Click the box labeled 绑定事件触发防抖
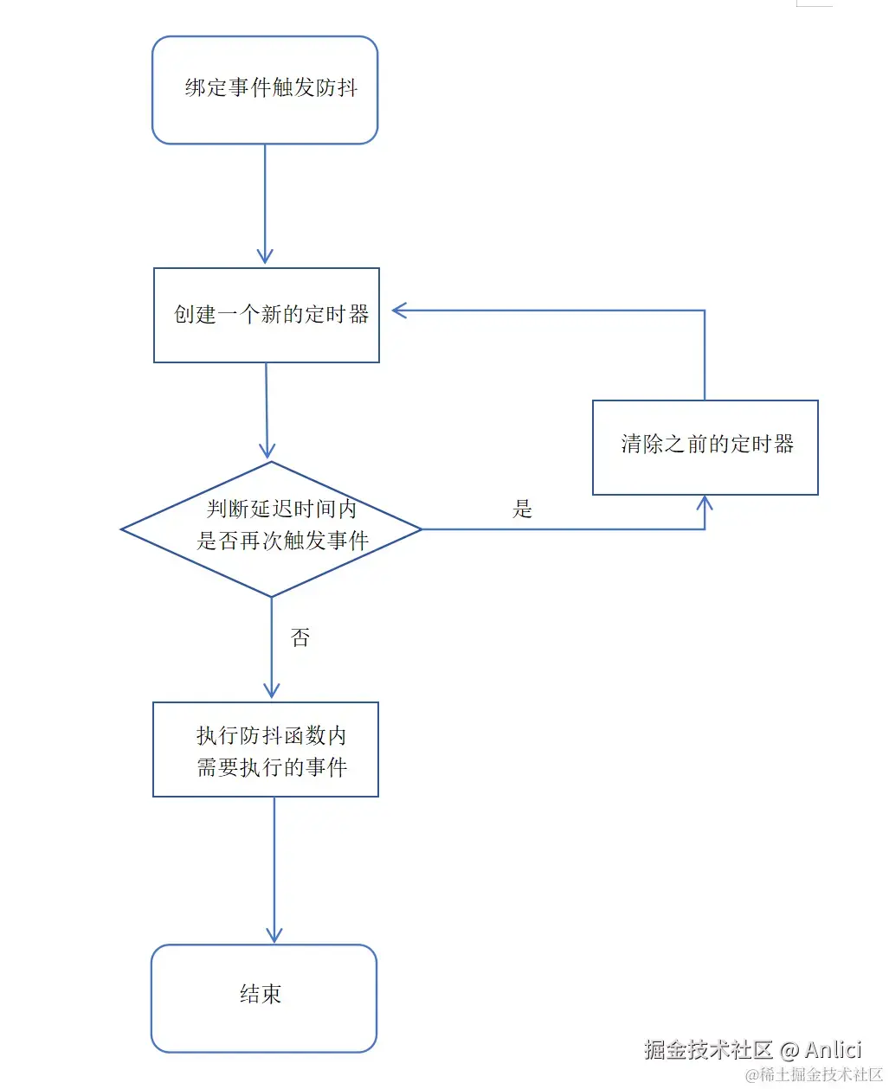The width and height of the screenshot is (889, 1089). pos(265,89)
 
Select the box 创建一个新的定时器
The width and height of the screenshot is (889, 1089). pos(267,315)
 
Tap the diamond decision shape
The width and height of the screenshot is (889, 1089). pos(271,528)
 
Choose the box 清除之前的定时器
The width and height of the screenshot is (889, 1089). pos(705,446)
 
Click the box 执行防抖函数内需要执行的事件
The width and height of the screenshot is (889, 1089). pos(266,749)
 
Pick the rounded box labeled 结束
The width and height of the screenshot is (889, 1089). pos(264,997)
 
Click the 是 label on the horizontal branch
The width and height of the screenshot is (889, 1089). pos(522,509)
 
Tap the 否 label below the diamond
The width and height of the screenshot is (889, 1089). pos(300,638)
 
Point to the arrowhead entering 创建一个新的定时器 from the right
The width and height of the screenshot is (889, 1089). pos(398,311)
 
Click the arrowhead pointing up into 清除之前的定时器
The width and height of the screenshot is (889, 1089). pos(705,502)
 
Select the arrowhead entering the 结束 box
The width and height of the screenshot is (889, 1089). pos(274,936)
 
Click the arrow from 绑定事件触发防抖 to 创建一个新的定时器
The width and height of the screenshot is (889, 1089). pos(265,203)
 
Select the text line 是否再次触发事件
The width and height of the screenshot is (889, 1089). pos(282,541)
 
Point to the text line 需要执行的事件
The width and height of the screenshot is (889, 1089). pos(272,767)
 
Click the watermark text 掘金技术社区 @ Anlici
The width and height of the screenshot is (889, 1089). pos(752,1050)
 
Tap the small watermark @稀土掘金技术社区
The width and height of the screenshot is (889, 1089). pos(814,1075)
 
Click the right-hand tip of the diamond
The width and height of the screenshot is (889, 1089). pos(420,528)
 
